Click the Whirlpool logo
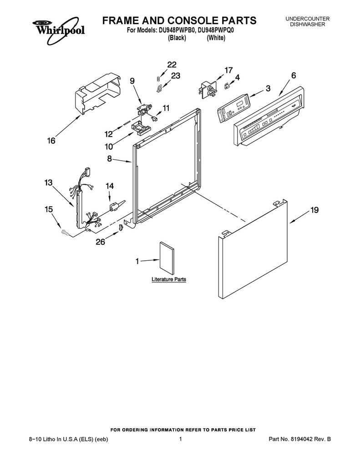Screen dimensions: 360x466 59,30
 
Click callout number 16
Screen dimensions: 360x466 51,141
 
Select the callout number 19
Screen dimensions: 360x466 314,210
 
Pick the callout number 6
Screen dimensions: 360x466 294,76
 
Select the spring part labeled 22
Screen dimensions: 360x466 159,78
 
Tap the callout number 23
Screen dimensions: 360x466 176,76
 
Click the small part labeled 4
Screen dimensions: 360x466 228,86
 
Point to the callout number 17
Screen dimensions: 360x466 228,71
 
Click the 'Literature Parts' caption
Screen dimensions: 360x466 169,279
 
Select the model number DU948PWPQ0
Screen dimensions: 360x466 217,30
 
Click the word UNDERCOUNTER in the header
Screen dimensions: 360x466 307,19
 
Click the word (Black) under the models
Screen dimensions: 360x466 177,38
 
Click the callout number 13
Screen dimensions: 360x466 48,182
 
